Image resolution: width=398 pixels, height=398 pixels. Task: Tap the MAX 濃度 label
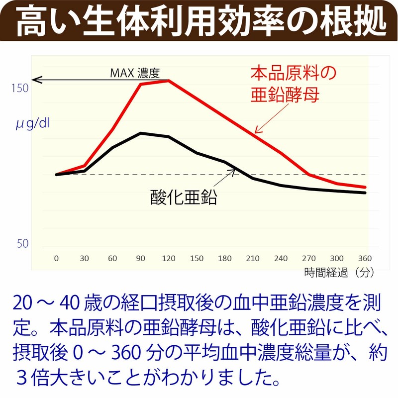(x=134, y=74)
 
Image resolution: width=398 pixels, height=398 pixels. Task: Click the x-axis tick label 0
(x=56, y=258)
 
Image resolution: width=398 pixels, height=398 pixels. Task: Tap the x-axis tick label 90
(x=141, y=258)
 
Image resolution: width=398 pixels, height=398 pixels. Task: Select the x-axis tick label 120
(x=169, y=258)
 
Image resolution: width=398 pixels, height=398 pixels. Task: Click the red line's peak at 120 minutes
(x=169, y=80)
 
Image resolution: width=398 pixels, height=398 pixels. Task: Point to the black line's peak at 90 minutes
(x=141, y=133)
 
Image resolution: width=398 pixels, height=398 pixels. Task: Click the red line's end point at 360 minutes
(x=366, y=188)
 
